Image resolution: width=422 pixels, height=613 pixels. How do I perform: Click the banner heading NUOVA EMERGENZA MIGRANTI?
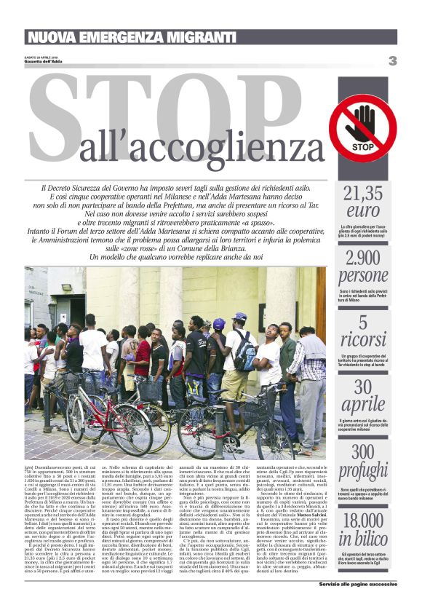tap(131, 37)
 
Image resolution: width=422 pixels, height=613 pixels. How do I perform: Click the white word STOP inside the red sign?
tap(362, 145)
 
